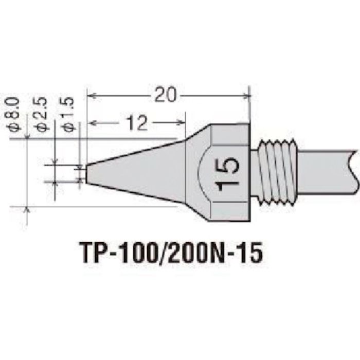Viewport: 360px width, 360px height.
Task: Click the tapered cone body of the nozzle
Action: pyautogui.click(x=144, y=172)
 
